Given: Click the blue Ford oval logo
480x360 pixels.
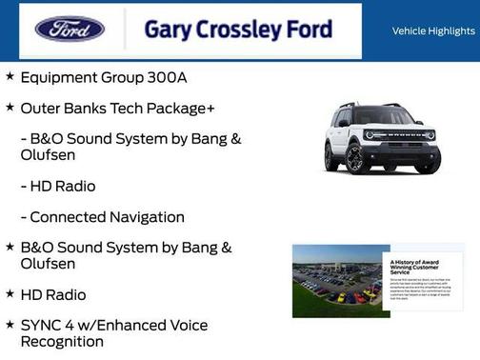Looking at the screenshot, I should [70, 30].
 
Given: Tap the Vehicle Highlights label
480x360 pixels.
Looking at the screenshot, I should [433, 30].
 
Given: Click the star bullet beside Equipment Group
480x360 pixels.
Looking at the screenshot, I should [10, 75].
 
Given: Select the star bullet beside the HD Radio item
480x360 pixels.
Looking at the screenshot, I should [10, 294].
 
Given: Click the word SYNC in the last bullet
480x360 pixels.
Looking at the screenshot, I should [43, 325].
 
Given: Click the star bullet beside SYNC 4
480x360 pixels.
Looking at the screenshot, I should [10, 325].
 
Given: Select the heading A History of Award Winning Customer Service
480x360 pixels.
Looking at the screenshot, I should [413, 266].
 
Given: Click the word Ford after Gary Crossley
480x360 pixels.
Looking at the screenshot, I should [310, 30].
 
